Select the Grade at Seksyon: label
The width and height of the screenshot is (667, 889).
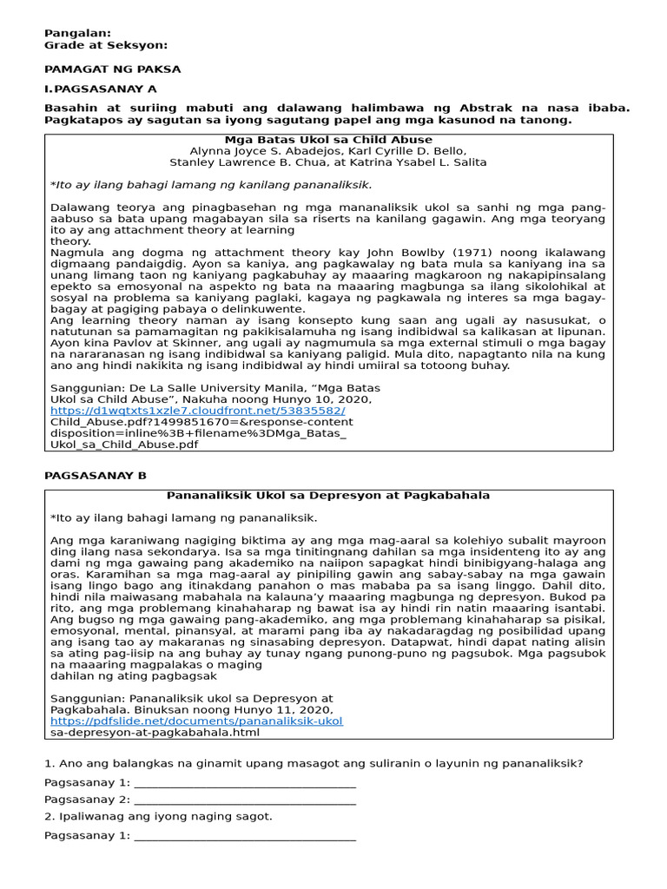coord(106,45)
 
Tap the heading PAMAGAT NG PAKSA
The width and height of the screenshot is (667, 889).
coord(113,69)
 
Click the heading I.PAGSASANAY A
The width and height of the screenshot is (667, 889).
coord(101,89)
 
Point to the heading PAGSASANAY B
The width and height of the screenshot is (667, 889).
coord(96,476)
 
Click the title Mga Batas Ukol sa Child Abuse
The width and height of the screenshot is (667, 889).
coord(327,140)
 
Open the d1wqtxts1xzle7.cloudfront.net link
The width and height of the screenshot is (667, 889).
coord(197,411)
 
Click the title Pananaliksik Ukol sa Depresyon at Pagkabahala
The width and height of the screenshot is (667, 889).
coord(327,496)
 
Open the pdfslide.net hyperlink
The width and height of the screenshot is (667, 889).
coord(196,721)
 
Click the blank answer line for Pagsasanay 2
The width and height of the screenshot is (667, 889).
coord(246,800)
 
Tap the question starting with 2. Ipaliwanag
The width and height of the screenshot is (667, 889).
coord(158,816)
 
